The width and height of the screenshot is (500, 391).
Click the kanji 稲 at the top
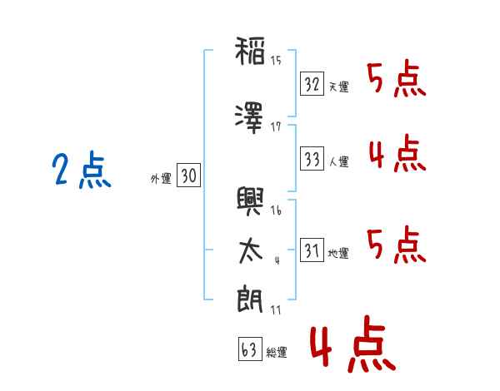[x=250, y=51]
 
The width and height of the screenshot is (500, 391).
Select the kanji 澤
[x=249, y=118]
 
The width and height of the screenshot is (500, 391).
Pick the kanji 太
[x=251, y=252]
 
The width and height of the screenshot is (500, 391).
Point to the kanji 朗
[x=250, y=299]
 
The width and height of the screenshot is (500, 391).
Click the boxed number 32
[x=312, y=84]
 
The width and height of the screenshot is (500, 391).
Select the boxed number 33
[x=312, y=159]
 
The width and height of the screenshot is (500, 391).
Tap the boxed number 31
[x=312, y=250]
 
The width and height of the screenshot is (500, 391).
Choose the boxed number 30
[x=189, y=175]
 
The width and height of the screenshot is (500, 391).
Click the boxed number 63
[x=250, y=349]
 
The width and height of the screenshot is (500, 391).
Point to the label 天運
[x=339, y=87]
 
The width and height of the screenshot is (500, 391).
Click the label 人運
[x=339, y=161]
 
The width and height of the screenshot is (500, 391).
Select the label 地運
[x=338, y=253]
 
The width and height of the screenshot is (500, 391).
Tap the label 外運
[x=161, y=178]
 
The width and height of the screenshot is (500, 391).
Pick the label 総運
[x=277, y=352]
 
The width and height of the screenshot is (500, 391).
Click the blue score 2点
[x=82, y=170]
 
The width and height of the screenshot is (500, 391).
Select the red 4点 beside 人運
[x=397, y=153]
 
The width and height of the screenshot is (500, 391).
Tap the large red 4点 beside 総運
[x=353, y=344]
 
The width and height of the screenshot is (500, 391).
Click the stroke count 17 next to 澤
[x=276, y=127]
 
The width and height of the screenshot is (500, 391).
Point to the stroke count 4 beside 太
[x=277, y=260]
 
